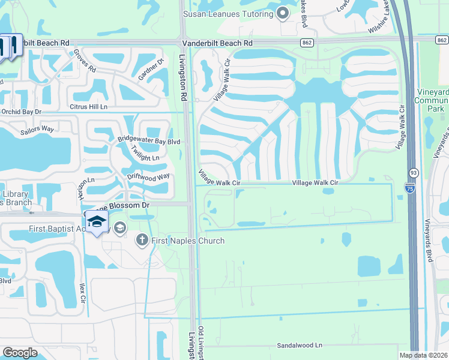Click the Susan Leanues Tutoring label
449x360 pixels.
[229, 13]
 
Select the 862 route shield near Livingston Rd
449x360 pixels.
[307, 43]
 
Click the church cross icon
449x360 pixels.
[143, 241]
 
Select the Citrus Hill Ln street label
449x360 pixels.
[89, 107]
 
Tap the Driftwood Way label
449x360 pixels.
[149, 177]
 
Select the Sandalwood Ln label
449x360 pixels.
[300, 346]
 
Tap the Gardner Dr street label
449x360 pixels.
[151, 72]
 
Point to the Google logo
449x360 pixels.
[20, 353]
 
